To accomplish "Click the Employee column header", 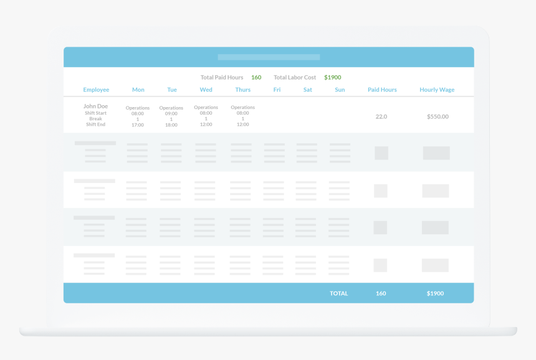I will pos(96,90).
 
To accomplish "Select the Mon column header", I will pos(138,90).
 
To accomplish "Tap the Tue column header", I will pos(172,90).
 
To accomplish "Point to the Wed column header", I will pos(206,90).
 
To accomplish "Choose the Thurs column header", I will pos(243,90).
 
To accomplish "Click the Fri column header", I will pos(277,90).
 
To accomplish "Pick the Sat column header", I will pos(308,90).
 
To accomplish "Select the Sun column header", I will pos(340,90).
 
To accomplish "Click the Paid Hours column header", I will pos(382,90).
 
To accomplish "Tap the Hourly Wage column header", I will pos(437,90).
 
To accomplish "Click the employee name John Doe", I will pos(96,107).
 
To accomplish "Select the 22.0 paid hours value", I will pos(381,116).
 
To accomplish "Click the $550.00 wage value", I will pos(438,116).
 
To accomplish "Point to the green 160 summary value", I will pos(256,77).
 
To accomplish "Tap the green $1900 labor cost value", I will pos(332,77).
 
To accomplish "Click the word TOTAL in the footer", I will pos(338,293).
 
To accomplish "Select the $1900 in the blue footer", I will pos(435,293).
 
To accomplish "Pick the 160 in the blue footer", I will pos(381,293).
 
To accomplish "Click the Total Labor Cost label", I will pos(295,77).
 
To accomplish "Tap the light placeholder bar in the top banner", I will pos(269,57).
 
